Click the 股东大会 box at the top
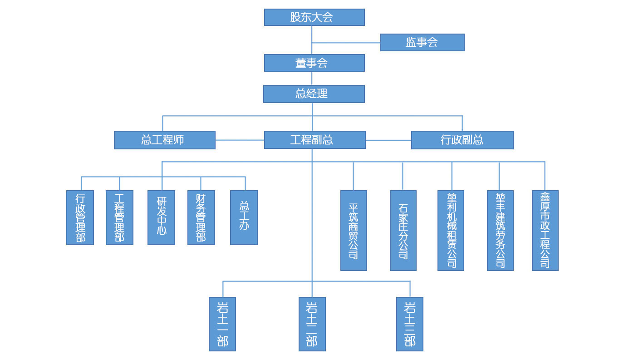(314, 17)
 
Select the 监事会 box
(422, 42)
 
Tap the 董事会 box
(314, 63)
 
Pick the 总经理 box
(314, 94)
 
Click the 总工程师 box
(164, 140)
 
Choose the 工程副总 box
(314, 140)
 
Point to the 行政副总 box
(462, 140)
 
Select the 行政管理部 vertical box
(80, 217)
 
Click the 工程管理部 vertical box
(119, 217)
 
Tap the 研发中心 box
(161, 217)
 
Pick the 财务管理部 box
(201, 217)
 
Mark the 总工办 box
(244, 217)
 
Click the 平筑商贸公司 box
(354, 230)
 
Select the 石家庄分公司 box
(403, 230)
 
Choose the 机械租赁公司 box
(451, 230)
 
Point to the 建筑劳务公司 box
(500, 230)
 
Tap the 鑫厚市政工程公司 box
(545, 230)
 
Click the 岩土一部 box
(222, 324)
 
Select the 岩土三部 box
(409, 324)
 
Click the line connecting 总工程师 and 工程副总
(240, 140)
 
